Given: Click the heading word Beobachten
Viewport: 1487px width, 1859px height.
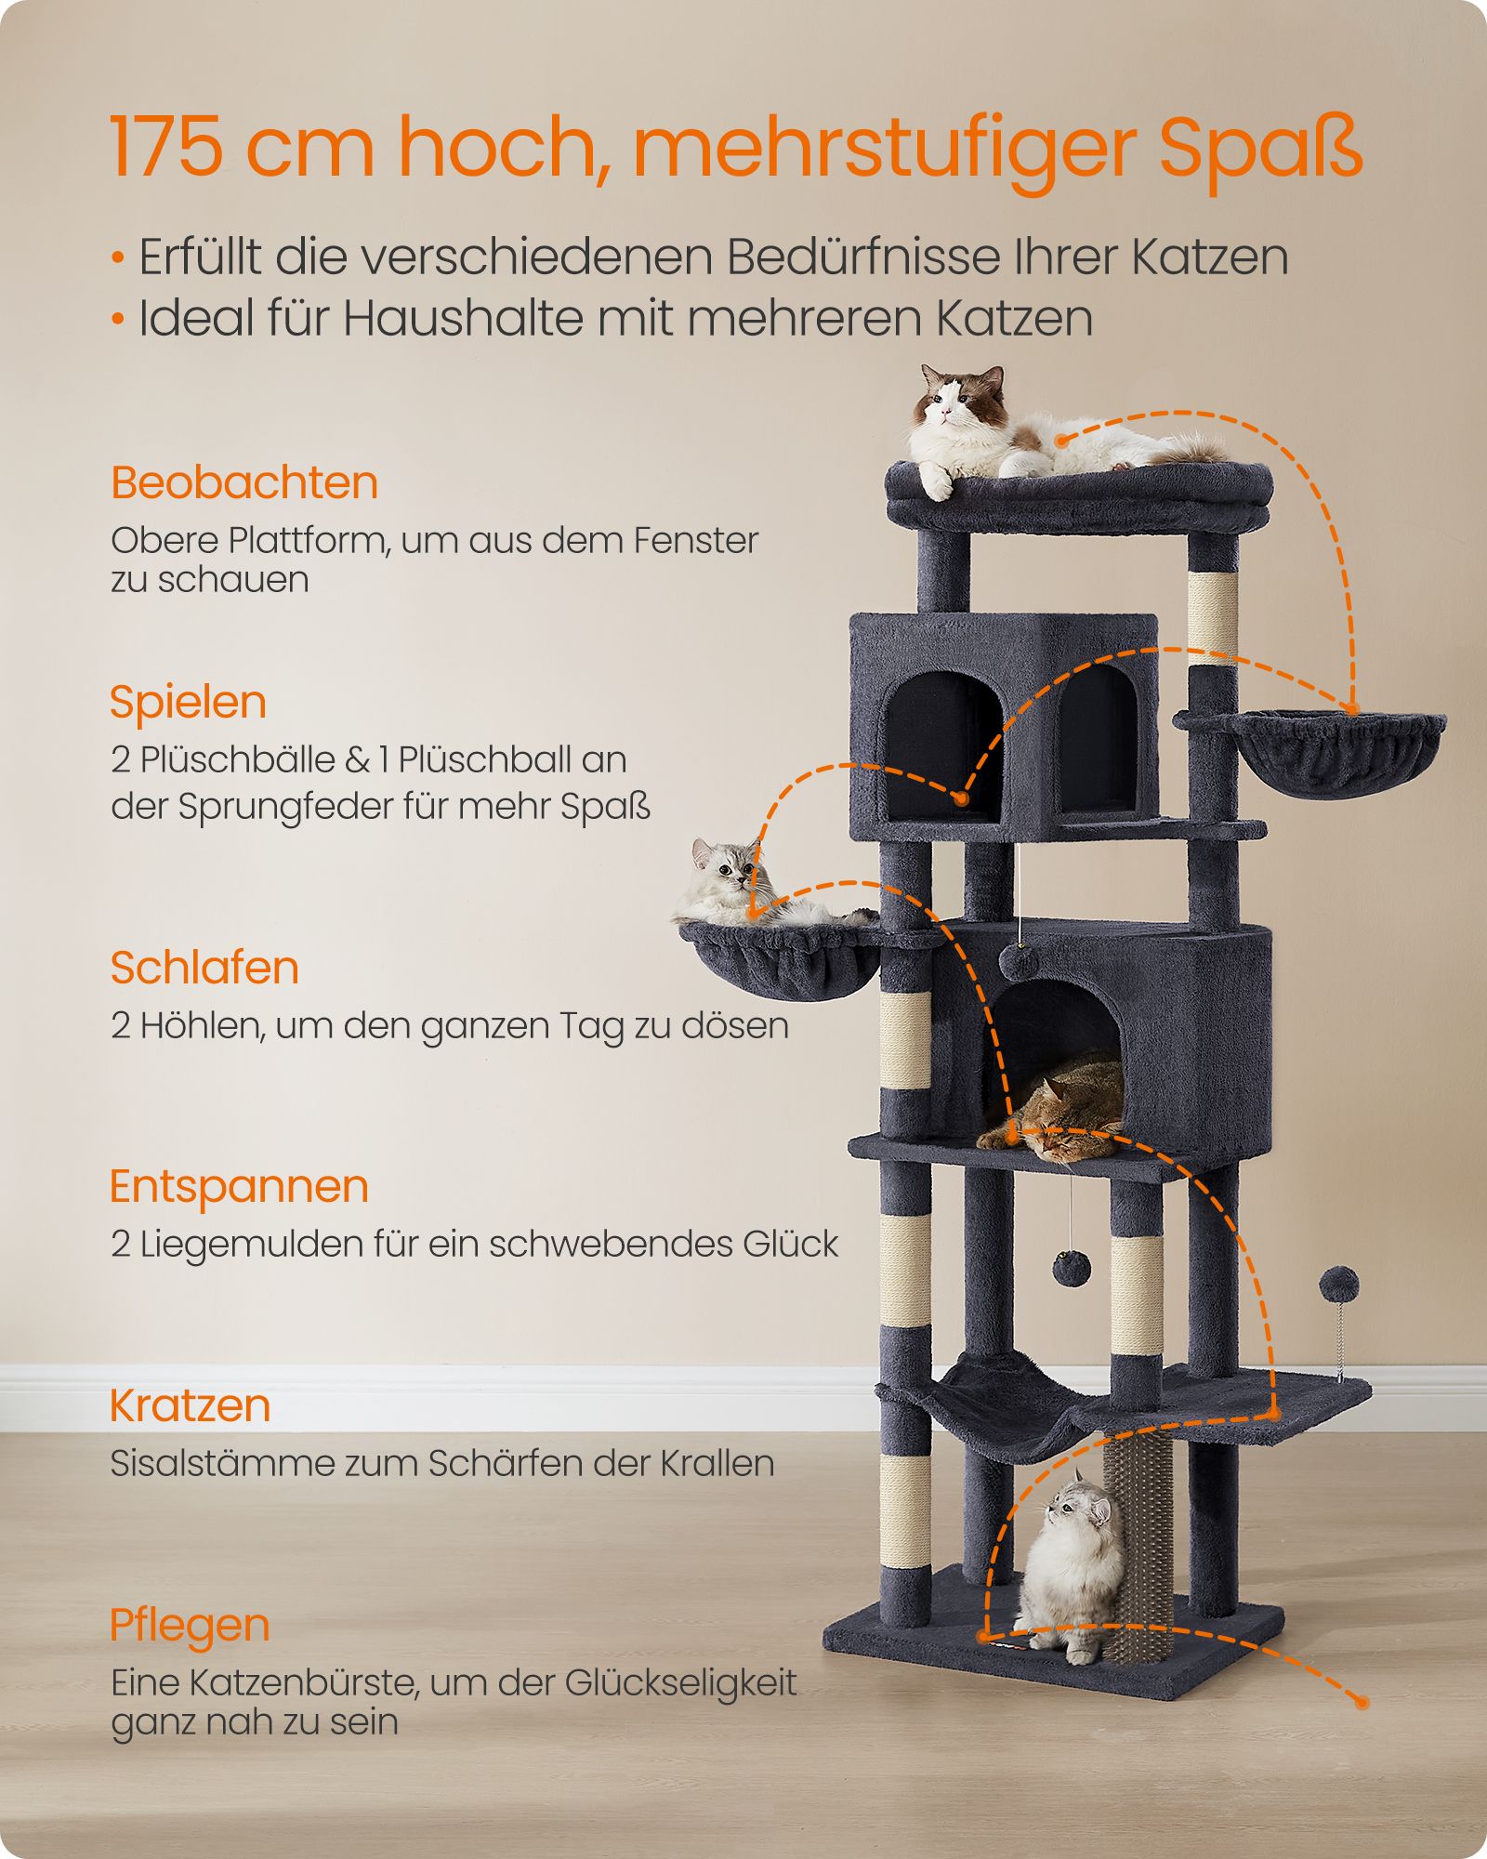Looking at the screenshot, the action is pyautogui.click(x=244, y=483).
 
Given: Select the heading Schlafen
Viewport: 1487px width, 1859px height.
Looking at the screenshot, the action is pyautogui.click(x=204, y=968).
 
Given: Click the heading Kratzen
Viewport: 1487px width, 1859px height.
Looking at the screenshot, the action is pyautogui.click(x=190, y=1405).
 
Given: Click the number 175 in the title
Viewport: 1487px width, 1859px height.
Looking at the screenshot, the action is pyautogui.click(x=166, y=147).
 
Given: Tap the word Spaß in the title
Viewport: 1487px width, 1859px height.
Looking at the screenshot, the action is pyautogui.click(x=1261, y=151).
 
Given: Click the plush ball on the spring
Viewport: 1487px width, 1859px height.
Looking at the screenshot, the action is pyautogui.click(x=1339, y=1284).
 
